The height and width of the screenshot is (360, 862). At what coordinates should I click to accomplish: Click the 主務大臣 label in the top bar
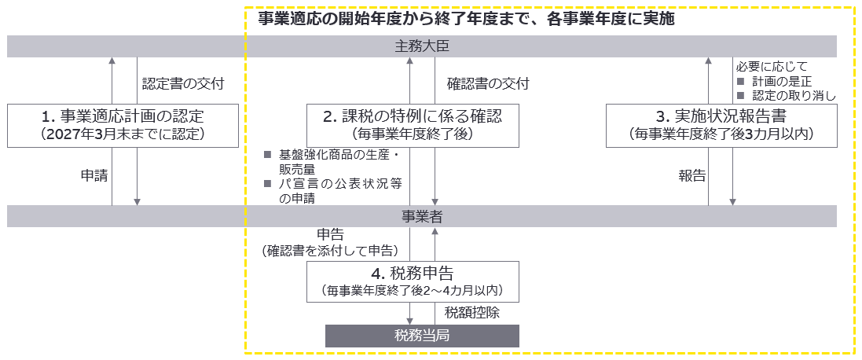point(421,46)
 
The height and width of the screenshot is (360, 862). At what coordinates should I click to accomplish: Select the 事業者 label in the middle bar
point(421,216)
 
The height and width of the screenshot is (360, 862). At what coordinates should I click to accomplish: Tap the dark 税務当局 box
point(422,336)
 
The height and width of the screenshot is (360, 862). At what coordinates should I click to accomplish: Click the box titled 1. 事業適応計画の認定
point(123,125)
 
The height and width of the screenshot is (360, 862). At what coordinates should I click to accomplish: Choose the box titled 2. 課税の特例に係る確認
point(412,125)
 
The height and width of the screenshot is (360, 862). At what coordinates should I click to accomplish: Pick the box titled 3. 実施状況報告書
point(721,125)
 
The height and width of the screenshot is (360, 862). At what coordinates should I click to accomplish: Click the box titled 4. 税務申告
point(412,281)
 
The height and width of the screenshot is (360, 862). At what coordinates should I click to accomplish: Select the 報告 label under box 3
point(691,176)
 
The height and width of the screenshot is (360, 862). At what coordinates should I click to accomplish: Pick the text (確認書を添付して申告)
point(330,250)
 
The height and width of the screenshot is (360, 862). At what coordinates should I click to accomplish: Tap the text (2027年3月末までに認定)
point(123,134)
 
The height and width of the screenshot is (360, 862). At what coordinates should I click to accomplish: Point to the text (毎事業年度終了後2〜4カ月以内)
point(412,291)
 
